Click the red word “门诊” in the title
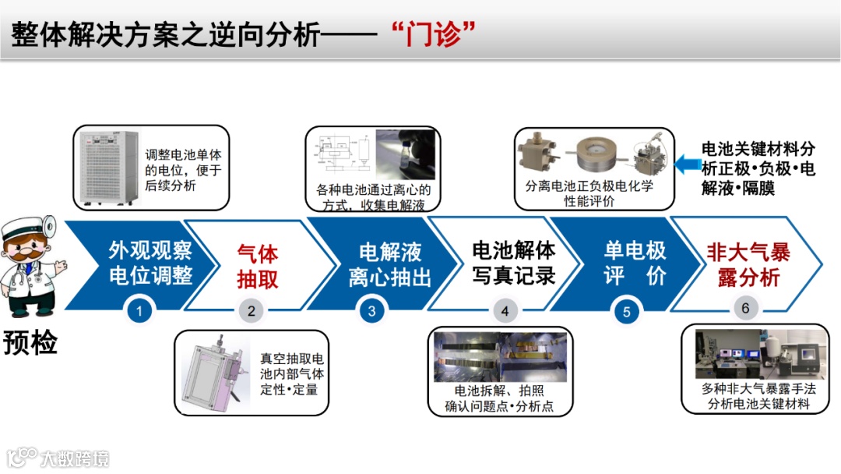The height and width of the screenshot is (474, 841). pos(434,34)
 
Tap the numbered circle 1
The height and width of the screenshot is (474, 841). pos(139,311)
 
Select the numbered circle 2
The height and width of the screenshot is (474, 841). pos(251,311)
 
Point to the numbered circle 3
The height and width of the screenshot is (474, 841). pos(371,311)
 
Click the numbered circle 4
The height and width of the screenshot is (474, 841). pos(504,311)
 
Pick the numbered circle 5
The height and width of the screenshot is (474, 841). pos(626,311)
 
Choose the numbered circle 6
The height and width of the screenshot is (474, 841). pos(745,308)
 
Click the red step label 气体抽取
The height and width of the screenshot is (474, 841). pos(258,267)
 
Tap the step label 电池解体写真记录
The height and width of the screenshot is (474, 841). pos(513,263)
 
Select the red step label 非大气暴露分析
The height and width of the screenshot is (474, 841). pos(748,264)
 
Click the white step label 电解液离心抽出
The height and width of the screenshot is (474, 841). pos(390,264)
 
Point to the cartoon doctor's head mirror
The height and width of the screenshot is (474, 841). pos(50,226)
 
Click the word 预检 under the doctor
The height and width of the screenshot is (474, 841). pos(30,342)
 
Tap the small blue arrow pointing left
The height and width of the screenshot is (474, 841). pos(687,164)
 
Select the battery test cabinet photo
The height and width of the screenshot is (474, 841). pos(107,168)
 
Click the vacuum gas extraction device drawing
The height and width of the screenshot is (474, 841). pos(215,373)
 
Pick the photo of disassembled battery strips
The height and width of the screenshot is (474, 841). pos(500,356)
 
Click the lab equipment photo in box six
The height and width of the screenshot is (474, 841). pos(762,354)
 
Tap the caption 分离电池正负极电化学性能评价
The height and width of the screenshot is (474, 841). pos(589,193)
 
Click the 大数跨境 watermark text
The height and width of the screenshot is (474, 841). pos(75,459)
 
